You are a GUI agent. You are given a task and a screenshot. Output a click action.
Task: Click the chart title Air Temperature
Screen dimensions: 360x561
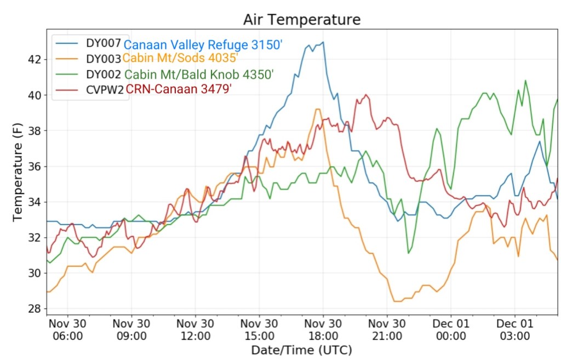click(302, 20)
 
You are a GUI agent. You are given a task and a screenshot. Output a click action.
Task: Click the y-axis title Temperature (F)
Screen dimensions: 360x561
click(19, 172)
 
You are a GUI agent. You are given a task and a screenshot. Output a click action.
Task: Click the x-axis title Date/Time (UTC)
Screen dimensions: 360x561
click(301, 350)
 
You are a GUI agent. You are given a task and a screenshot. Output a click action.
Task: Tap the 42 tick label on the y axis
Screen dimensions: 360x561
click(34, 59)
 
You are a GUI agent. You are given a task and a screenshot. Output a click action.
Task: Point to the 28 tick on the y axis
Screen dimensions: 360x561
click(34, 308)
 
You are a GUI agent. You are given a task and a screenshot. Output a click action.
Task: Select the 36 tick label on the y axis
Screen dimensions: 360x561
click(34, 166)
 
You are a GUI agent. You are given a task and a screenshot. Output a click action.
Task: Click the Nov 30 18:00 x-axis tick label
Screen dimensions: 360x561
click(323, 329)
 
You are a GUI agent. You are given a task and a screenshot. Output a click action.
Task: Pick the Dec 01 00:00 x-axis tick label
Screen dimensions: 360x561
click(451, 329)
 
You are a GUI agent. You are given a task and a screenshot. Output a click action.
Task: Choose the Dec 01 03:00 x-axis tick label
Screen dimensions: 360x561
click(515, 329)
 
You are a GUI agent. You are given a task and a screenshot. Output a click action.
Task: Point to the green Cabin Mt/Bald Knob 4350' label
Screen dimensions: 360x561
click(199, 74)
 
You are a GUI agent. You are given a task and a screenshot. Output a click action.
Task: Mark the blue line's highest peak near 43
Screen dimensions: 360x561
click(323, 42)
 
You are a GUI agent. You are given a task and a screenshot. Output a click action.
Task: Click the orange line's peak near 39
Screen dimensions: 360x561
click(318, 109)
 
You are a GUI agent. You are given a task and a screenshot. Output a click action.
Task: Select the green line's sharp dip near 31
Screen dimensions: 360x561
click(409, 253)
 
